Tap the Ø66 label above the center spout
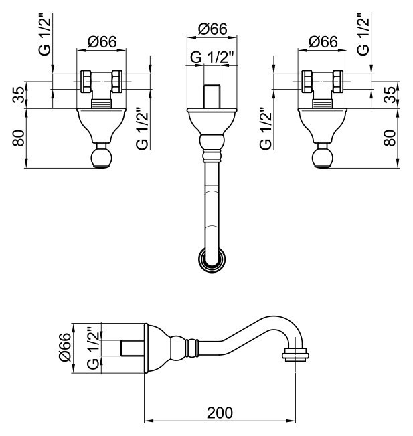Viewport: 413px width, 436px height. coord(213,29)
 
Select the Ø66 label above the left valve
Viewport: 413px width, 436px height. coord(102,41)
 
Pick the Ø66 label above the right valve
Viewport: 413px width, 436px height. coord(323,41)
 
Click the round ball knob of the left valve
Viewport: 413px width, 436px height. coord(102,158)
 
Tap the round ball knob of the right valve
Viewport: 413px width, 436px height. coord(323,158)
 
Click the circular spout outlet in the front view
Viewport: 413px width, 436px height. coord(213,259)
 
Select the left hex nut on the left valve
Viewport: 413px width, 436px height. coord(86,81)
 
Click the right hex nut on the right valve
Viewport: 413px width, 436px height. coord(339,81)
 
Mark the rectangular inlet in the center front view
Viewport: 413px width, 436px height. coord(213,98)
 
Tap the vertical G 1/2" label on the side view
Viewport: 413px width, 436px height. coord(94,348)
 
